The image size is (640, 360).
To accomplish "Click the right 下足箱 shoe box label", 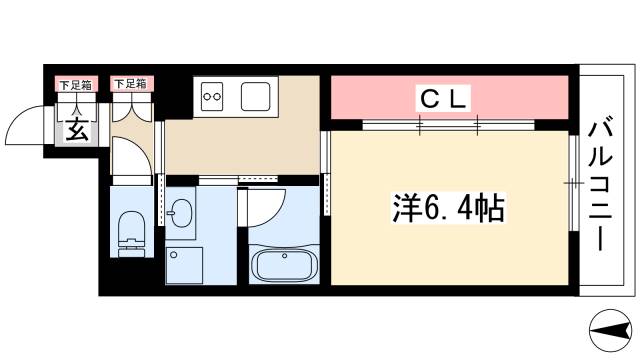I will click(x=128, y=85).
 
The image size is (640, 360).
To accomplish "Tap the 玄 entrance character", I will click(x=75, y=128).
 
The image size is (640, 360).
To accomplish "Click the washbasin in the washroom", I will click(x=182, y=212).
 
